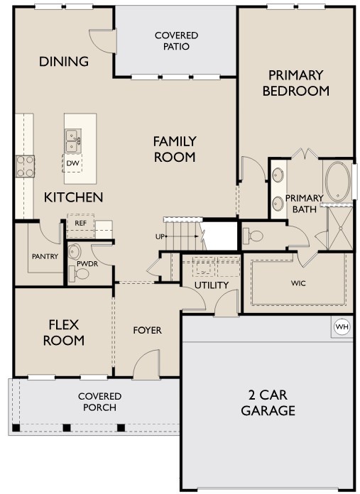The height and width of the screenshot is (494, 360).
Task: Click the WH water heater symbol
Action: pos(342,326)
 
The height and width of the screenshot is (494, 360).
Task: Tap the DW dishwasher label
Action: pos(72,163)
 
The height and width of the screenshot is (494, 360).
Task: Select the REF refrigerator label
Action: pos(80,222)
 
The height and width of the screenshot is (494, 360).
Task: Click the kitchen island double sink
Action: pos(72,141)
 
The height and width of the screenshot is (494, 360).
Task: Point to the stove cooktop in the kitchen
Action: pos(26,166)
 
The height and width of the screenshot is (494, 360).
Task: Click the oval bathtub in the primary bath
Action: pos(337,180)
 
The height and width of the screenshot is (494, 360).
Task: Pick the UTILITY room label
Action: pos(212,285)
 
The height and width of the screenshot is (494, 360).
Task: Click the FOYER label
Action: pos(148,330)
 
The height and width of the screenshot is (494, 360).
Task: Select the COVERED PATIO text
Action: pos(176,41)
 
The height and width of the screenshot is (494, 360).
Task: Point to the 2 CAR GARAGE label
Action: pos(267,404)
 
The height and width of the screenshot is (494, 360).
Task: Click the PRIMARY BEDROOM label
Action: pos(295,83)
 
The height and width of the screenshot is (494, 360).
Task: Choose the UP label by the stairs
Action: pos(160,236)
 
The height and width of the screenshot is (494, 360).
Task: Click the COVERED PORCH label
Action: pos(100,402)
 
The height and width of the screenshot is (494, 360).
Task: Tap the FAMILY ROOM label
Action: pos(175,149)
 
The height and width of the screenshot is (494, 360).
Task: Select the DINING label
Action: pos(64,61)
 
